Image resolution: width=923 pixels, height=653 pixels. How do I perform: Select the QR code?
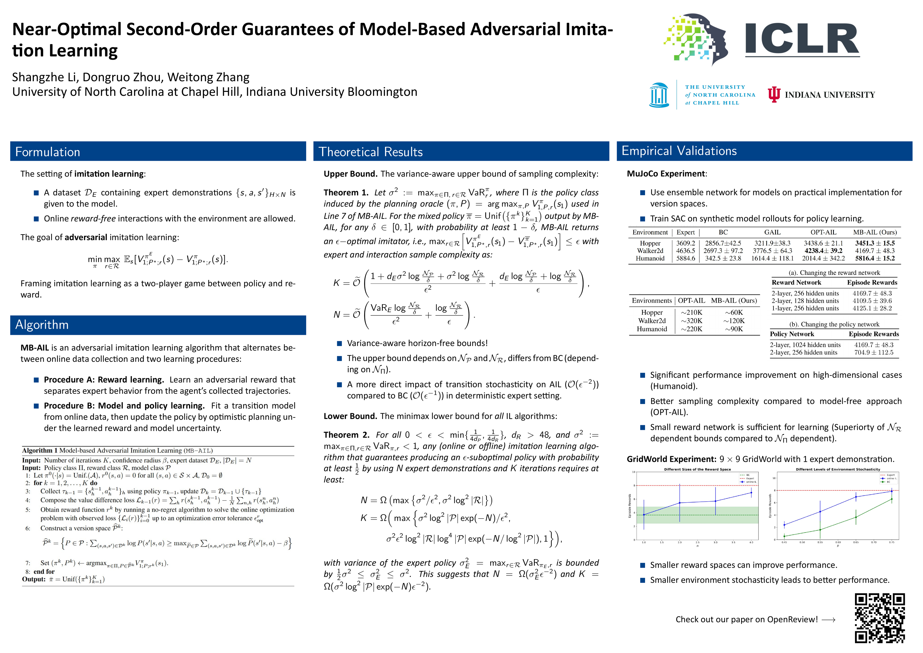click(x=880, y=618)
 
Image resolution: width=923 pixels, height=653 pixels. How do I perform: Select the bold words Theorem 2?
click(x=346, y=435)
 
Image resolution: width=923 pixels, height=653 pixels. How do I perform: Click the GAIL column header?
click(x=772, y=232)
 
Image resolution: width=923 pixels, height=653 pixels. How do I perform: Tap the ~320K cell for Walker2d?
click(x=692, y=320)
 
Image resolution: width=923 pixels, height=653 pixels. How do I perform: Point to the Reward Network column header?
click(x=796, y=282)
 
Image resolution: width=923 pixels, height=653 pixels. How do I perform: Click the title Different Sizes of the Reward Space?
click(x=697, y=469)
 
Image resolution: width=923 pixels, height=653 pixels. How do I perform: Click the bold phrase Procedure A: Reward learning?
click(x=104, y=380)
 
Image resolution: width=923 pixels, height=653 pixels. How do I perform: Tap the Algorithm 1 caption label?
click(x=40, y=450)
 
